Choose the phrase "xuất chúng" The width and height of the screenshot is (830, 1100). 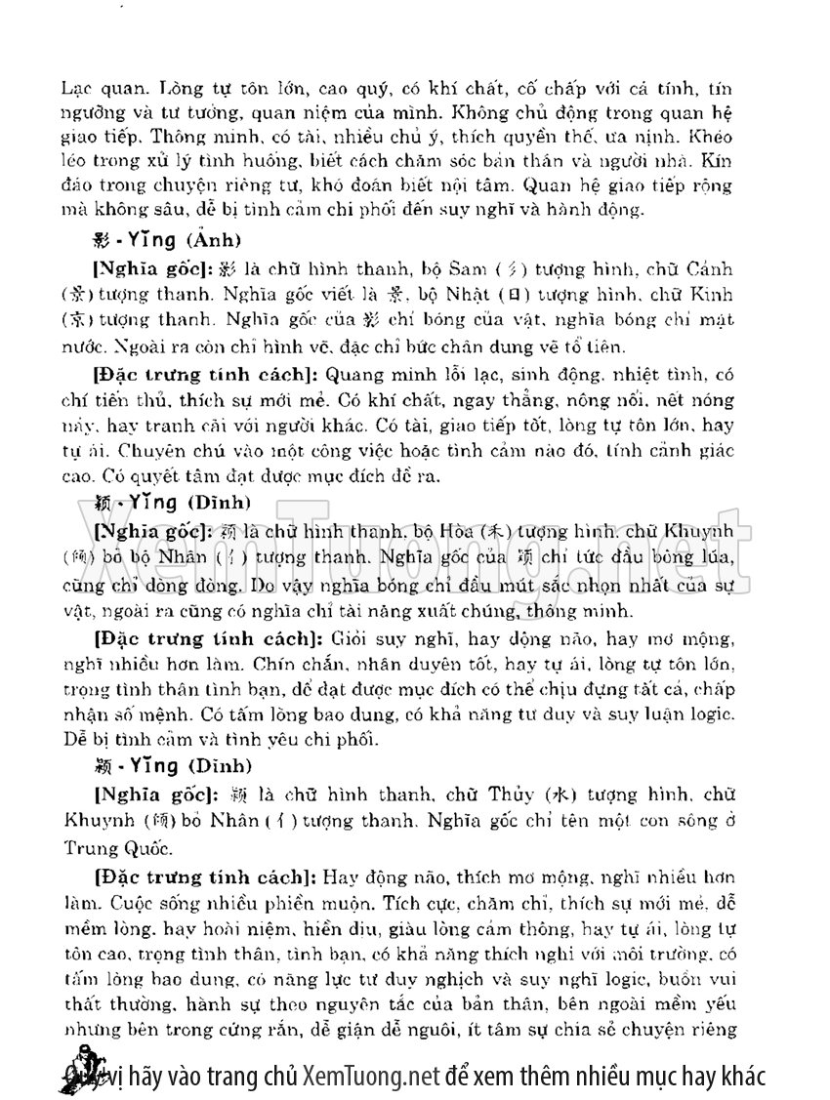[x=483, y=610]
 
